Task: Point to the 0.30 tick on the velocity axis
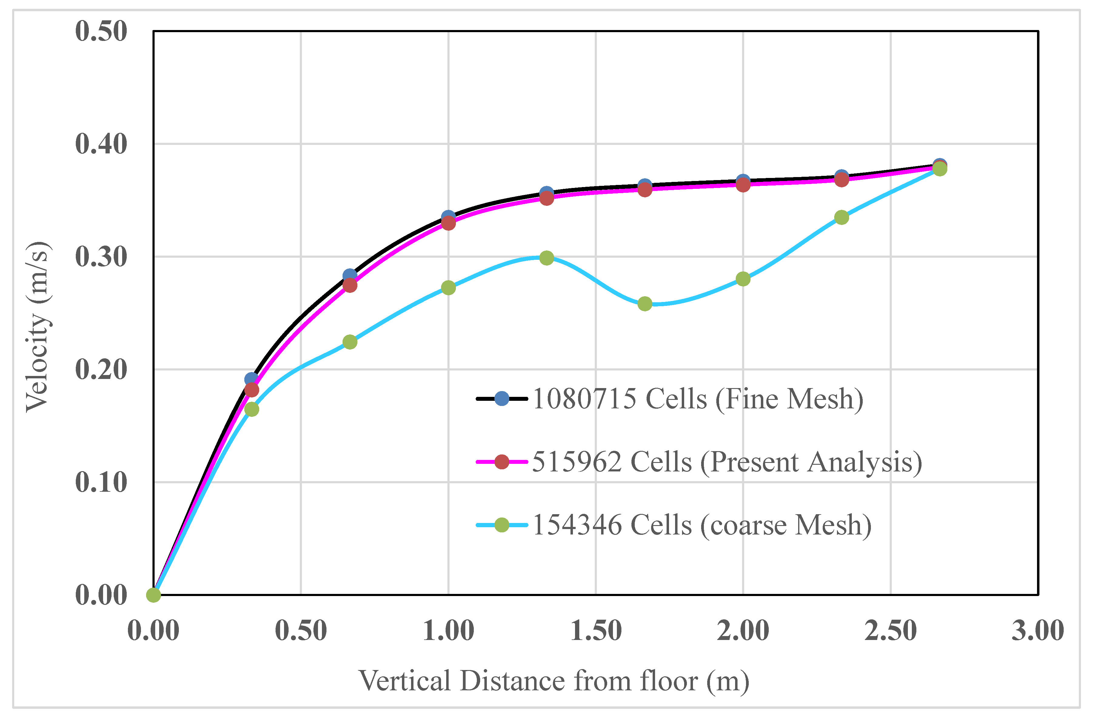[x=101, y=256]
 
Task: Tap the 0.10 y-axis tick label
[x=101, y=482]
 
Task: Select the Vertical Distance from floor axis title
[x=554, y=681]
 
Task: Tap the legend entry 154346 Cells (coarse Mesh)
[x=701, y=524]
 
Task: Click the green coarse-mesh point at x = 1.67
[x=645, y=303]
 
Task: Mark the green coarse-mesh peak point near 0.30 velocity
[x=547, y=258]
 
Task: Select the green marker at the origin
[x=153, y=595]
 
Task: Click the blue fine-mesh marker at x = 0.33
[x=251, y=379]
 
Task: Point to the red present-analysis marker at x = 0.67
[x=350, y=285]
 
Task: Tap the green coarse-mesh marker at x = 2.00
[x=743, y=279]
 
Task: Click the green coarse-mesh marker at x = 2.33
[x=841, y=217]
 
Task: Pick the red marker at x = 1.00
[x=448, y=223]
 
